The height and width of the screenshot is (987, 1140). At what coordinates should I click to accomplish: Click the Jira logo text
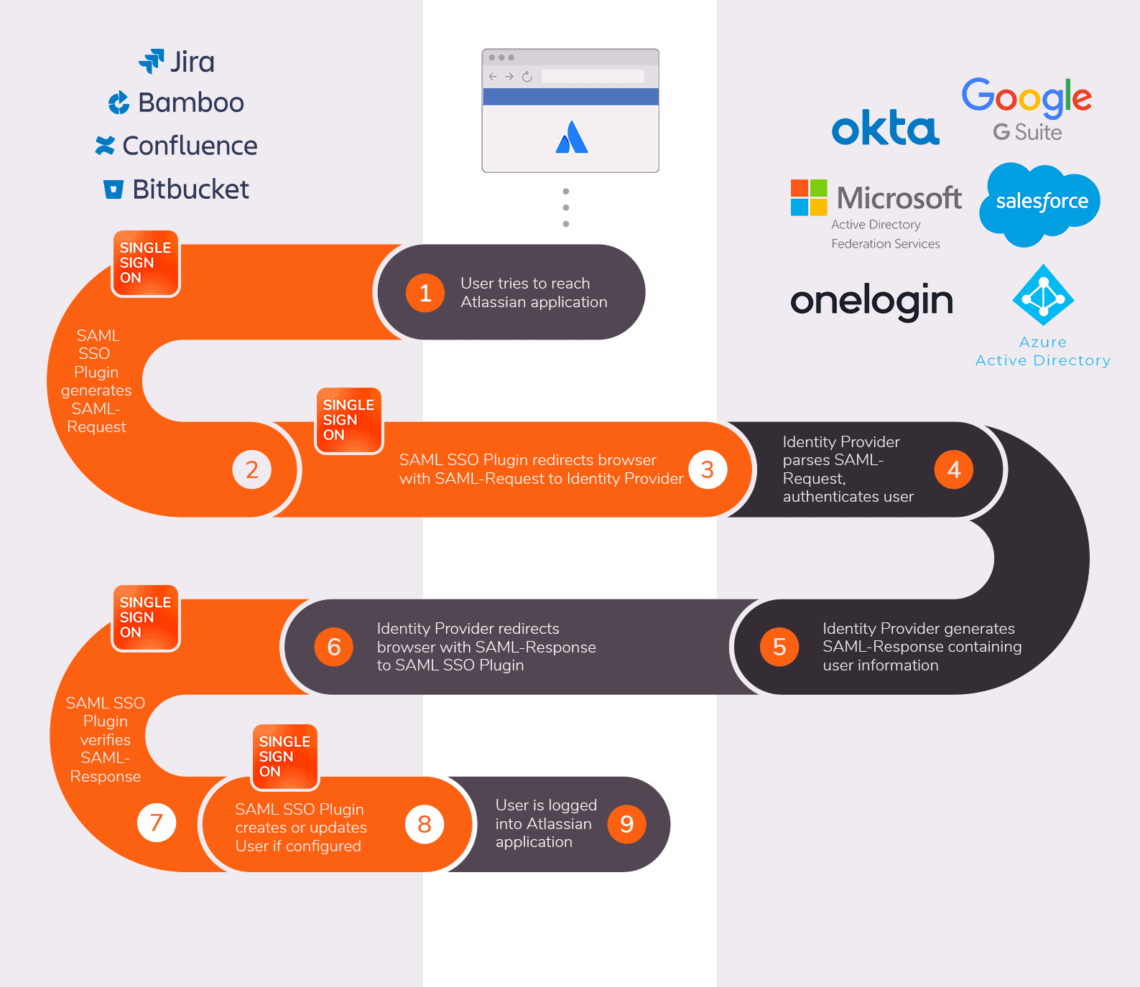191,62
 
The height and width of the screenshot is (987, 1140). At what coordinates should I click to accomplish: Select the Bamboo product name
190,103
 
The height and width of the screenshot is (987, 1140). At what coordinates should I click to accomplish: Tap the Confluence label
190,146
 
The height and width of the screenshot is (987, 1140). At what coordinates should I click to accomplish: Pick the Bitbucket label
190,190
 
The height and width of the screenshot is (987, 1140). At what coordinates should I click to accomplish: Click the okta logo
885,128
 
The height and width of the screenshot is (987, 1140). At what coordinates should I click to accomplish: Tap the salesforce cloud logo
1040,202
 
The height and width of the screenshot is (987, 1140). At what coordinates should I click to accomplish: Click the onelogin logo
871,301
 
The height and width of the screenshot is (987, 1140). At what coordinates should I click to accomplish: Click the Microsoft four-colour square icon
809,197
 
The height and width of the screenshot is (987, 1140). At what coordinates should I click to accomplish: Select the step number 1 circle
425,293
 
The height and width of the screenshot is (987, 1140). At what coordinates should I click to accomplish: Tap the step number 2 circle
251,469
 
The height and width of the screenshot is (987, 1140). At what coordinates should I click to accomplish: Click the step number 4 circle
953,469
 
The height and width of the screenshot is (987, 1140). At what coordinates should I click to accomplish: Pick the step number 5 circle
779,647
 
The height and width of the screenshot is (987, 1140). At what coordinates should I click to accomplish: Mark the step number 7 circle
157,823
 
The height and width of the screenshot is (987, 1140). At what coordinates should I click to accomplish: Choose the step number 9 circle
626,824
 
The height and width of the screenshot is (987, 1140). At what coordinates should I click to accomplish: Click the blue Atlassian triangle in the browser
572,138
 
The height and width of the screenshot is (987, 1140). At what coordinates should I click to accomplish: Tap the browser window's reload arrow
527,77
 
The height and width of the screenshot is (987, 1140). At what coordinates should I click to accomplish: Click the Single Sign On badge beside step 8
284,757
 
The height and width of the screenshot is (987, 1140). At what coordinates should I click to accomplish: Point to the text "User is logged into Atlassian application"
545,824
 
